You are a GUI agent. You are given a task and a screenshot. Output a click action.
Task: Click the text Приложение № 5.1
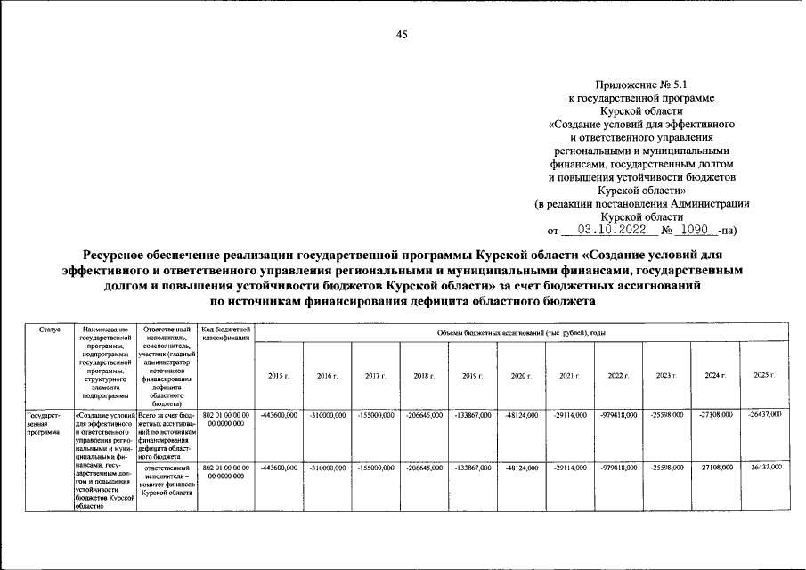click(x=654, y=80)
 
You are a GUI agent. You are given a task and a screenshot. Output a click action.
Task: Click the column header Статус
click(x=50, y=330)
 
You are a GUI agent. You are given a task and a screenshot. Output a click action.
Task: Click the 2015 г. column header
click(x=278, y=376)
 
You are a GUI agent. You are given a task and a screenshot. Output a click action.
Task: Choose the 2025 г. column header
click(x=764, y=375)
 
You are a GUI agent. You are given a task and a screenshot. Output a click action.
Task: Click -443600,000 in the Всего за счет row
click(x=278, y=416)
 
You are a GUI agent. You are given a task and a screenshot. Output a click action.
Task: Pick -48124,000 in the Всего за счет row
click(x=521, y=416)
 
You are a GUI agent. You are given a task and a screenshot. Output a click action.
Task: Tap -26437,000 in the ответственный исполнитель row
click(x=764, y=467)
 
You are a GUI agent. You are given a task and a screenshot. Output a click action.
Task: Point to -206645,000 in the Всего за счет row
click(x=424, y=416)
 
